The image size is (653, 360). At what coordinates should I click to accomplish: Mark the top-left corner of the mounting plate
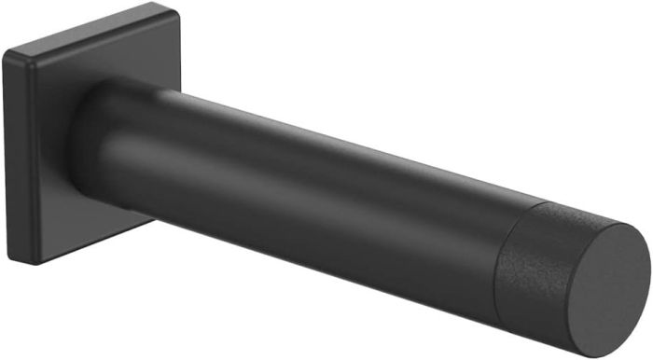7,51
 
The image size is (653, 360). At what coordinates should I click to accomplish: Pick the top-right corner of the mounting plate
174,7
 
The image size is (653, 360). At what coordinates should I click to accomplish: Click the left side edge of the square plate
7,154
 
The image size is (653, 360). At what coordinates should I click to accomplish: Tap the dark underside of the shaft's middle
308,242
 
